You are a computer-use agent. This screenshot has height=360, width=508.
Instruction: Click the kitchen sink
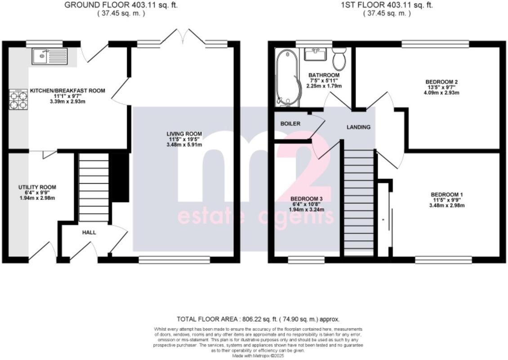(x=49, y=57)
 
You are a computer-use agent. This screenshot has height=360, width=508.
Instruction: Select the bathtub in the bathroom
(x=286, y=77)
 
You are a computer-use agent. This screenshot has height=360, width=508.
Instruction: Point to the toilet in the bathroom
(x=339, y=59)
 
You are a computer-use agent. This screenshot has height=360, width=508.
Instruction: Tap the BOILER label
(x=290, y=124)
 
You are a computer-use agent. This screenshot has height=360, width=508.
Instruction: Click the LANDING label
(x=358, y=127)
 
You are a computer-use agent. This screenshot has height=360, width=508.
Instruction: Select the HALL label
(x=89, y=233)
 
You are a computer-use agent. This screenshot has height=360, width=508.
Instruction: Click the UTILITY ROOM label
(x=37, y=187)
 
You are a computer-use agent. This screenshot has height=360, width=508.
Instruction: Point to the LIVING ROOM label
(x=184, y=134)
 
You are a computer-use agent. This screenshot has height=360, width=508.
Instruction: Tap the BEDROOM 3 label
(x=307, y=198)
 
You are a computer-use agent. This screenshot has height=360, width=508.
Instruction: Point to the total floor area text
(x=258, y=319)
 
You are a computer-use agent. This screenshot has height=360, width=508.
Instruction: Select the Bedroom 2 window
(x=435, y=44)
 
